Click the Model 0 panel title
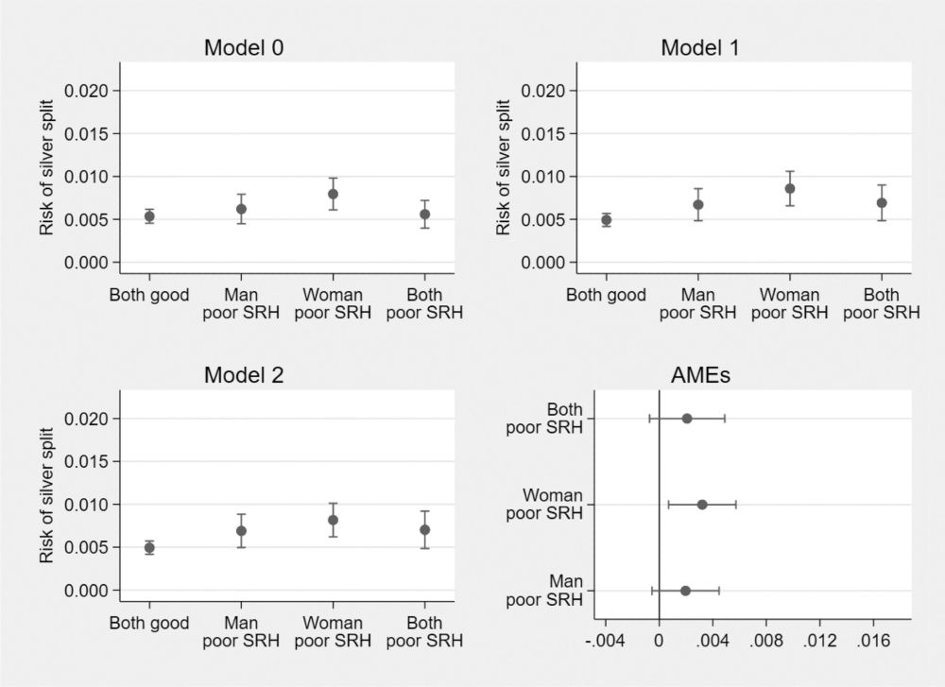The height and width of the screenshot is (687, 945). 244,48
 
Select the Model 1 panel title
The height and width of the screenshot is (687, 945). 700,48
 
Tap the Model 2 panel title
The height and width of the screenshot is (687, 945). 244,375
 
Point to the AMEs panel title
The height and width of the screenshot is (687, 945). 699,375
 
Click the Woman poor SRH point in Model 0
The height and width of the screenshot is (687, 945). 333,194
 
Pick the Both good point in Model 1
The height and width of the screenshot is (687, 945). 607,220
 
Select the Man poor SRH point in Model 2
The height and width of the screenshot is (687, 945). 241,531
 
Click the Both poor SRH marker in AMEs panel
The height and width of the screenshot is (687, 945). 687,419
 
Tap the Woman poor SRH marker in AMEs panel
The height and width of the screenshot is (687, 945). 702,505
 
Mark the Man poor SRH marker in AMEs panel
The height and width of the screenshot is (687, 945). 685,591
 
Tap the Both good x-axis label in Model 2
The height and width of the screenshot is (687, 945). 149,624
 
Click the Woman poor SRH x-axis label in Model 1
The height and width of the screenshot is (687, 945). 790,304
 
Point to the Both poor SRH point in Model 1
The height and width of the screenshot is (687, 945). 882,203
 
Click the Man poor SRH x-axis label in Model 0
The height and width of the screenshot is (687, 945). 241,304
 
